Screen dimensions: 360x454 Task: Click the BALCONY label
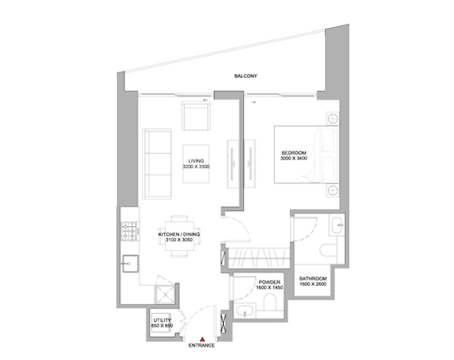coord(245,76)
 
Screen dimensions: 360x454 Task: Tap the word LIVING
coord(195,161)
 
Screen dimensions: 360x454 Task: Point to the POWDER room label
coord(268,282)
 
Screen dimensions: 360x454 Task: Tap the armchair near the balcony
coord(196,117)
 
